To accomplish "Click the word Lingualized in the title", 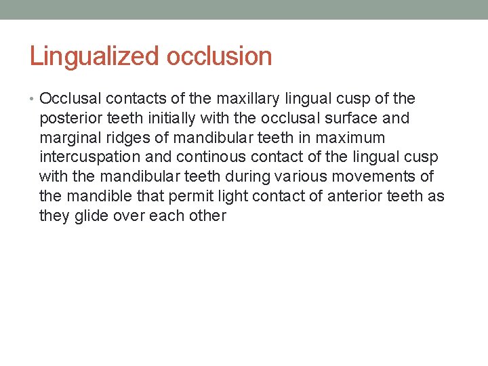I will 94,56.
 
